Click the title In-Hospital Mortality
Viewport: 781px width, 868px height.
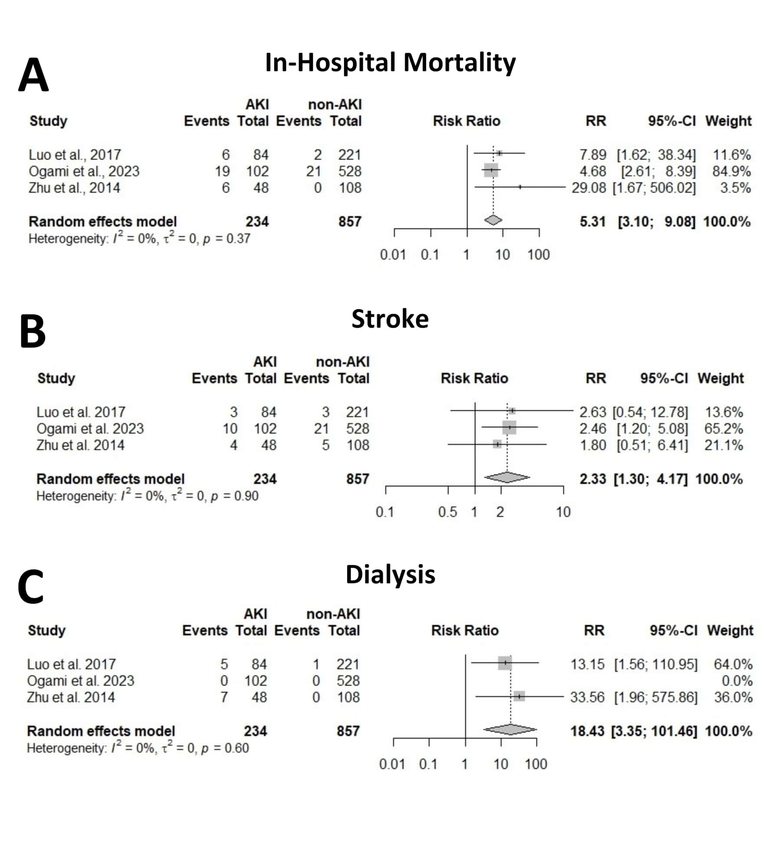(x=390, y=62)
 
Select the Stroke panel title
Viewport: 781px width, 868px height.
(x=390, y=319)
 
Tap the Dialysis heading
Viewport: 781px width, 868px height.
(x=390, y=575)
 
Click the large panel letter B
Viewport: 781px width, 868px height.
(x=33, y=332)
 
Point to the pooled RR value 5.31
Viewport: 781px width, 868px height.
(x=592, y=222)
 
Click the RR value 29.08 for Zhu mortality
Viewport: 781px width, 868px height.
(x=588, y=188)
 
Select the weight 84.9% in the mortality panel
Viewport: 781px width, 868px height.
(x=731, y=171)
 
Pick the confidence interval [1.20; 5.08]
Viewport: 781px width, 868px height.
(x=652, y=429)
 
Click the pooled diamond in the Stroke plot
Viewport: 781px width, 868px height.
(x=507, y=477)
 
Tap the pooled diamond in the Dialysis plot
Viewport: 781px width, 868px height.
(x=510, y=730)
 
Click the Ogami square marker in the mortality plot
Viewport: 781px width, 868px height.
(x=491, y=170)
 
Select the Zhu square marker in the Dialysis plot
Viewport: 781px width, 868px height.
(x=519, y=697)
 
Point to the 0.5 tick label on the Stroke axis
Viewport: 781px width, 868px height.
(x=447, y=512)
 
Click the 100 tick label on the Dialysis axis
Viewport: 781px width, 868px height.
(x=536, y=764)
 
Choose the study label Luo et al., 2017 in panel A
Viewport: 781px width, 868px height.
(x=75, y=155)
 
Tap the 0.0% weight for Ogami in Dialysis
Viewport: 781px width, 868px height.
(x=737, y=681)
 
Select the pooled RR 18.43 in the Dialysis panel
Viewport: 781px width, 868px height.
(x=587, y=731)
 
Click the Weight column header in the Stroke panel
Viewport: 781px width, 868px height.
(x=720, y=378)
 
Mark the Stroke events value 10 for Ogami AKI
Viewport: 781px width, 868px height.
(x=230, y=429)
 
